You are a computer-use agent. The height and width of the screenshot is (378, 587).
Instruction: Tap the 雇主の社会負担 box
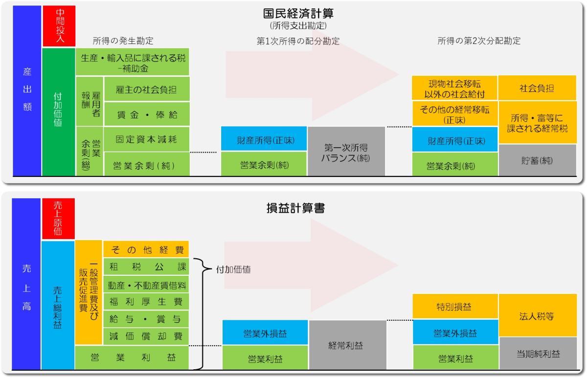[x=146, y=90]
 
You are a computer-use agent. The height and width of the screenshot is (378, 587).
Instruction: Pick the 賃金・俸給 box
[x=146, y=115]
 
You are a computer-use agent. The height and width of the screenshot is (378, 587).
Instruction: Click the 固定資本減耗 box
[x=146, y=139]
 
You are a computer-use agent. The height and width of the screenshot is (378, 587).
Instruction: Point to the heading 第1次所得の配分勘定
[x=298, y=41]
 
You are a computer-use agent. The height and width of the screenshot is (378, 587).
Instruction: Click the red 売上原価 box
[x=59, y=218]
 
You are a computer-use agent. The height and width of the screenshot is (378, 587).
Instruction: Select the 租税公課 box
[x=146, y=267]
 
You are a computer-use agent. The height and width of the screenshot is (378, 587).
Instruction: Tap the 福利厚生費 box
[x=146, y=301]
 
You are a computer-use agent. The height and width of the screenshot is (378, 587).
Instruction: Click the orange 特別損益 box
[x=455, y=307]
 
